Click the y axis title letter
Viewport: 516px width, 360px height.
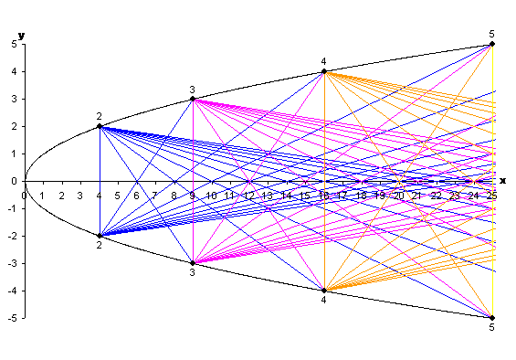tap(21, 35)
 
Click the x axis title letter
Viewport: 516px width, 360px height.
tap(502, 181)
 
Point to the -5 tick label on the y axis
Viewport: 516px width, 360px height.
tap(13, 318)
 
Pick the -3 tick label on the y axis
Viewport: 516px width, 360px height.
tap(13, 263)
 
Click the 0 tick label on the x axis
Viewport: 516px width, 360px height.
tap(25, 195)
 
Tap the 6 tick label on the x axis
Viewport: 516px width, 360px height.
tap(137, 195)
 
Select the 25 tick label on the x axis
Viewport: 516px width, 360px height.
tap(492, 195)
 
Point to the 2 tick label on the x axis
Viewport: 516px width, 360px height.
tap(62, 195)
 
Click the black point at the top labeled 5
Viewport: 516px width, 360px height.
tap(492, 44)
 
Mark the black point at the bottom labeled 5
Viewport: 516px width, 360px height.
tap(492, 318)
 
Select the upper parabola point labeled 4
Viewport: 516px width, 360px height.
tap(324, 71)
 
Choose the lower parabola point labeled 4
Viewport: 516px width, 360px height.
tap(324, 291)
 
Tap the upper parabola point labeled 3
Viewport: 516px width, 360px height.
tap(193, 99)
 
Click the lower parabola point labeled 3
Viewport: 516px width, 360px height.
tap(193, 263)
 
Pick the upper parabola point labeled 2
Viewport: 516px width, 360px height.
tap(100, 126)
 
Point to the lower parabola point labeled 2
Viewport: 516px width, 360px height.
tap(100, 236)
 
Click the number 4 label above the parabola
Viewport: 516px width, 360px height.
tap(323, 61)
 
